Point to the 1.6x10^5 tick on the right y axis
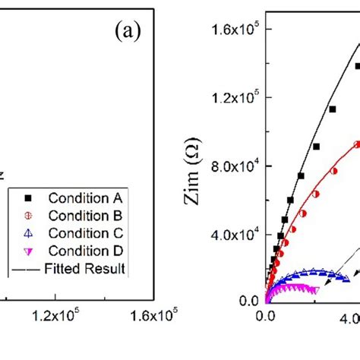[235, 30]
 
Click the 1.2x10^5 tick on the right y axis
[235, 97]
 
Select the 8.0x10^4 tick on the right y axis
[235, 166]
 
